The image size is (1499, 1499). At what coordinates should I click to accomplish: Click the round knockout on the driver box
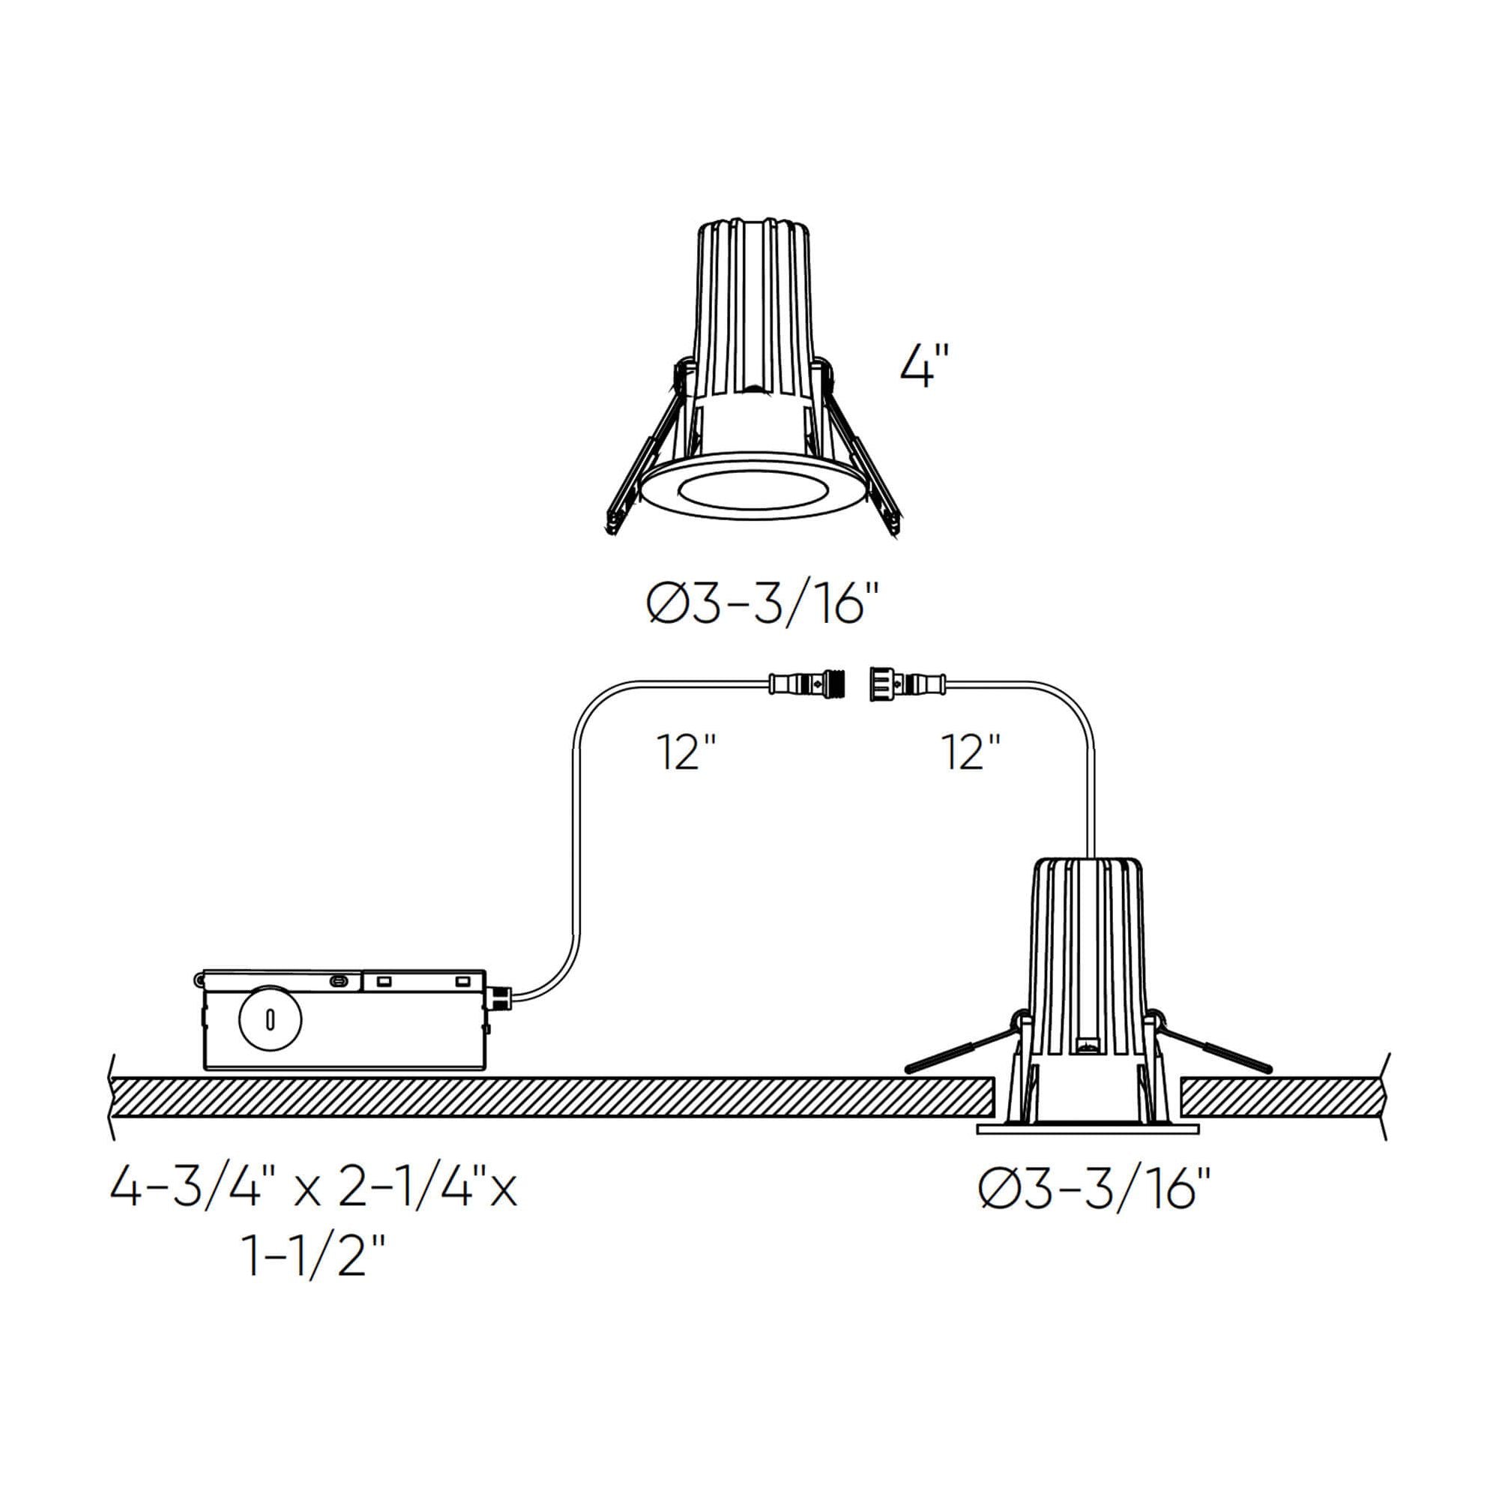(269, 1019)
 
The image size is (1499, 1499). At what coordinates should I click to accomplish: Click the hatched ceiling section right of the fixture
(1280, 1097)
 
